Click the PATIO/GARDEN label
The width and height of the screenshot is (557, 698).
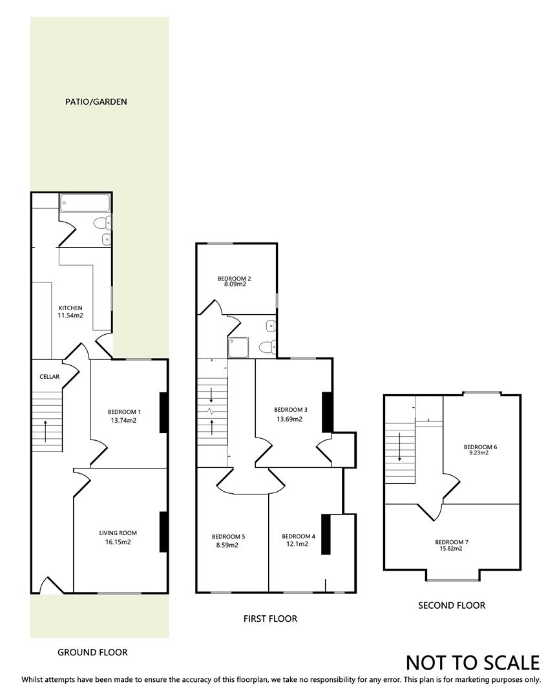coord(96,101)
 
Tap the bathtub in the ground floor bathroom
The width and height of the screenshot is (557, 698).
coord(85,204)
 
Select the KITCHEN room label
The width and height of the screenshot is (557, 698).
coord(71,308)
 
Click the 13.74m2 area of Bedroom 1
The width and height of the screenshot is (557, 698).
coord(124,420)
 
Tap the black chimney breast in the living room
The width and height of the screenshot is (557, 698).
coord(163,531)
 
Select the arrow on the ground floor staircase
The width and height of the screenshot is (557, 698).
coord(46,430)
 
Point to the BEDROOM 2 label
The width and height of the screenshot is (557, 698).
coord(234,279)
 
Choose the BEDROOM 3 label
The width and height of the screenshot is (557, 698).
coord(290,410)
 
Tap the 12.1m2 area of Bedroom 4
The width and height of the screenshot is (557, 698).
coord(299,544)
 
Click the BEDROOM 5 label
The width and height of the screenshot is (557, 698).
coord(229,536)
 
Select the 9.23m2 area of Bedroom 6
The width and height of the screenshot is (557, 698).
coord(479,453)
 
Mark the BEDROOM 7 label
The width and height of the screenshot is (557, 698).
coord(451,542)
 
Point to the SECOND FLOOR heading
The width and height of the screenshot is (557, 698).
coord(451,606)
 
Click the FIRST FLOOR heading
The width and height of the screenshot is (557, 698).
coord(270,619)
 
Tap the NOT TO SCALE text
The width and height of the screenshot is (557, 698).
coord(472,662)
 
